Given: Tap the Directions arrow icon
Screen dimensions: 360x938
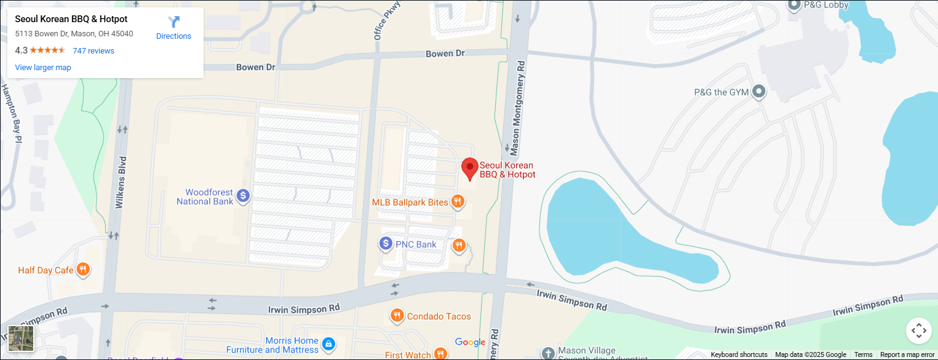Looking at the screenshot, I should (x=174, y=22).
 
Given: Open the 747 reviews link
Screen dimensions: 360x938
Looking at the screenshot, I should (x=93, y=51).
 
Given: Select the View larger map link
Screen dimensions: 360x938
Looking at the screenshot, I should (x=43, y=68).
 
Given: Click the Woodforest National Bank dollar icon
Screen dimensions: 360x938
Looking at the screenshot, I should (x=243, y=196).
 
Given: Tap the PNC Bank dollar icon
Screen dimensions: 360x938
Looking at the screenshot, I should (x=386, y=244).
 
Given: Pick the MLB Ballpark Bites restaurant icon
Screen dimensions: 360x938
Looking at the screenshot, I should (x=457, y=201).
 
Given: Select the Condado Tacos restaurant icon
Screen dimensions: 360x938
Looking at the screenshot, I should (x=397, y=316).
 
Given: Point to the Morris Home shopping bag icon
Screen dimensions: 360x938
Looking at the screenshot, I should (x=328, y=343).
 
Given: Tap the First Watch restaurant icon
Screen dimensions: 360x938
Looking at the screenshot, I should (x=440, y=354).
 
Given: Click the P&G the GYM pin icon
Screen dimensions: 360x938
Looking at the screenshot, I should (x=759, y=92).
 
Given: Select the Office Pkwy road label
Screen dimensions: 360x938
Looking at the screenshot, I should (x=388, y=22).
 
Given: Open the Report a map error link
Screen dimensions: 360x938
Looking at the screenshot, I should (x=907, y=355).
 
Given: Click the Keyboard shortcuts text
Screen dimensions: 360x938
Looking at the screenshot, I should (x=739, y=355).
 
